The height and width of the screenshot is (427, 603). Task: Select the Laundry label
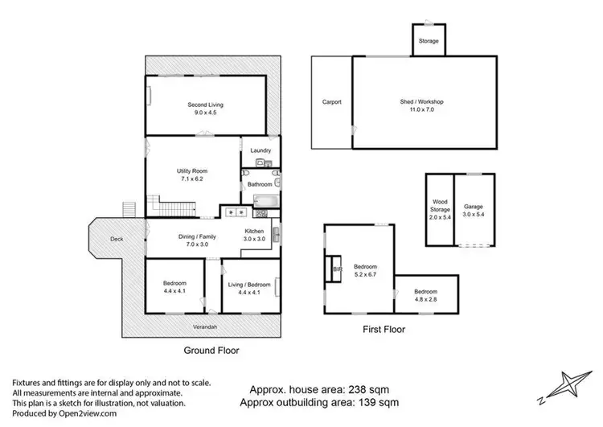[260, 150]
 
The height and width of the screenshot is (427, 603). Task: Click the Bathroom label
[259, 184]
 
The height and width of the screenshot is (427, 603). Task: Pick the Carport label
[332, 102]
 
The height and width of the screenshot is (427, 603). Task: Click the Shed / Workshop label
[422, 106]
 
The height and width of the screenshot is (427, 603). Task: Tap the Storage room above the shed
[429, 40]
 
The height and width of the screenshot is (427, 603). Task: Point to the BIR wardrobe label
[338, 269]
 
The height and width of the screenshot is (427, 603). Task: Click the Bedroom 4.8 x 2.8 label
[426, 294]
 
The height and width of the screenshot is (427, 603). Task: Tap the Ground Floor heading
[211, 350]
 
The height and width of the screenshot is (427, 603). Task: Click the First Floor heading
[383, 329]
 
